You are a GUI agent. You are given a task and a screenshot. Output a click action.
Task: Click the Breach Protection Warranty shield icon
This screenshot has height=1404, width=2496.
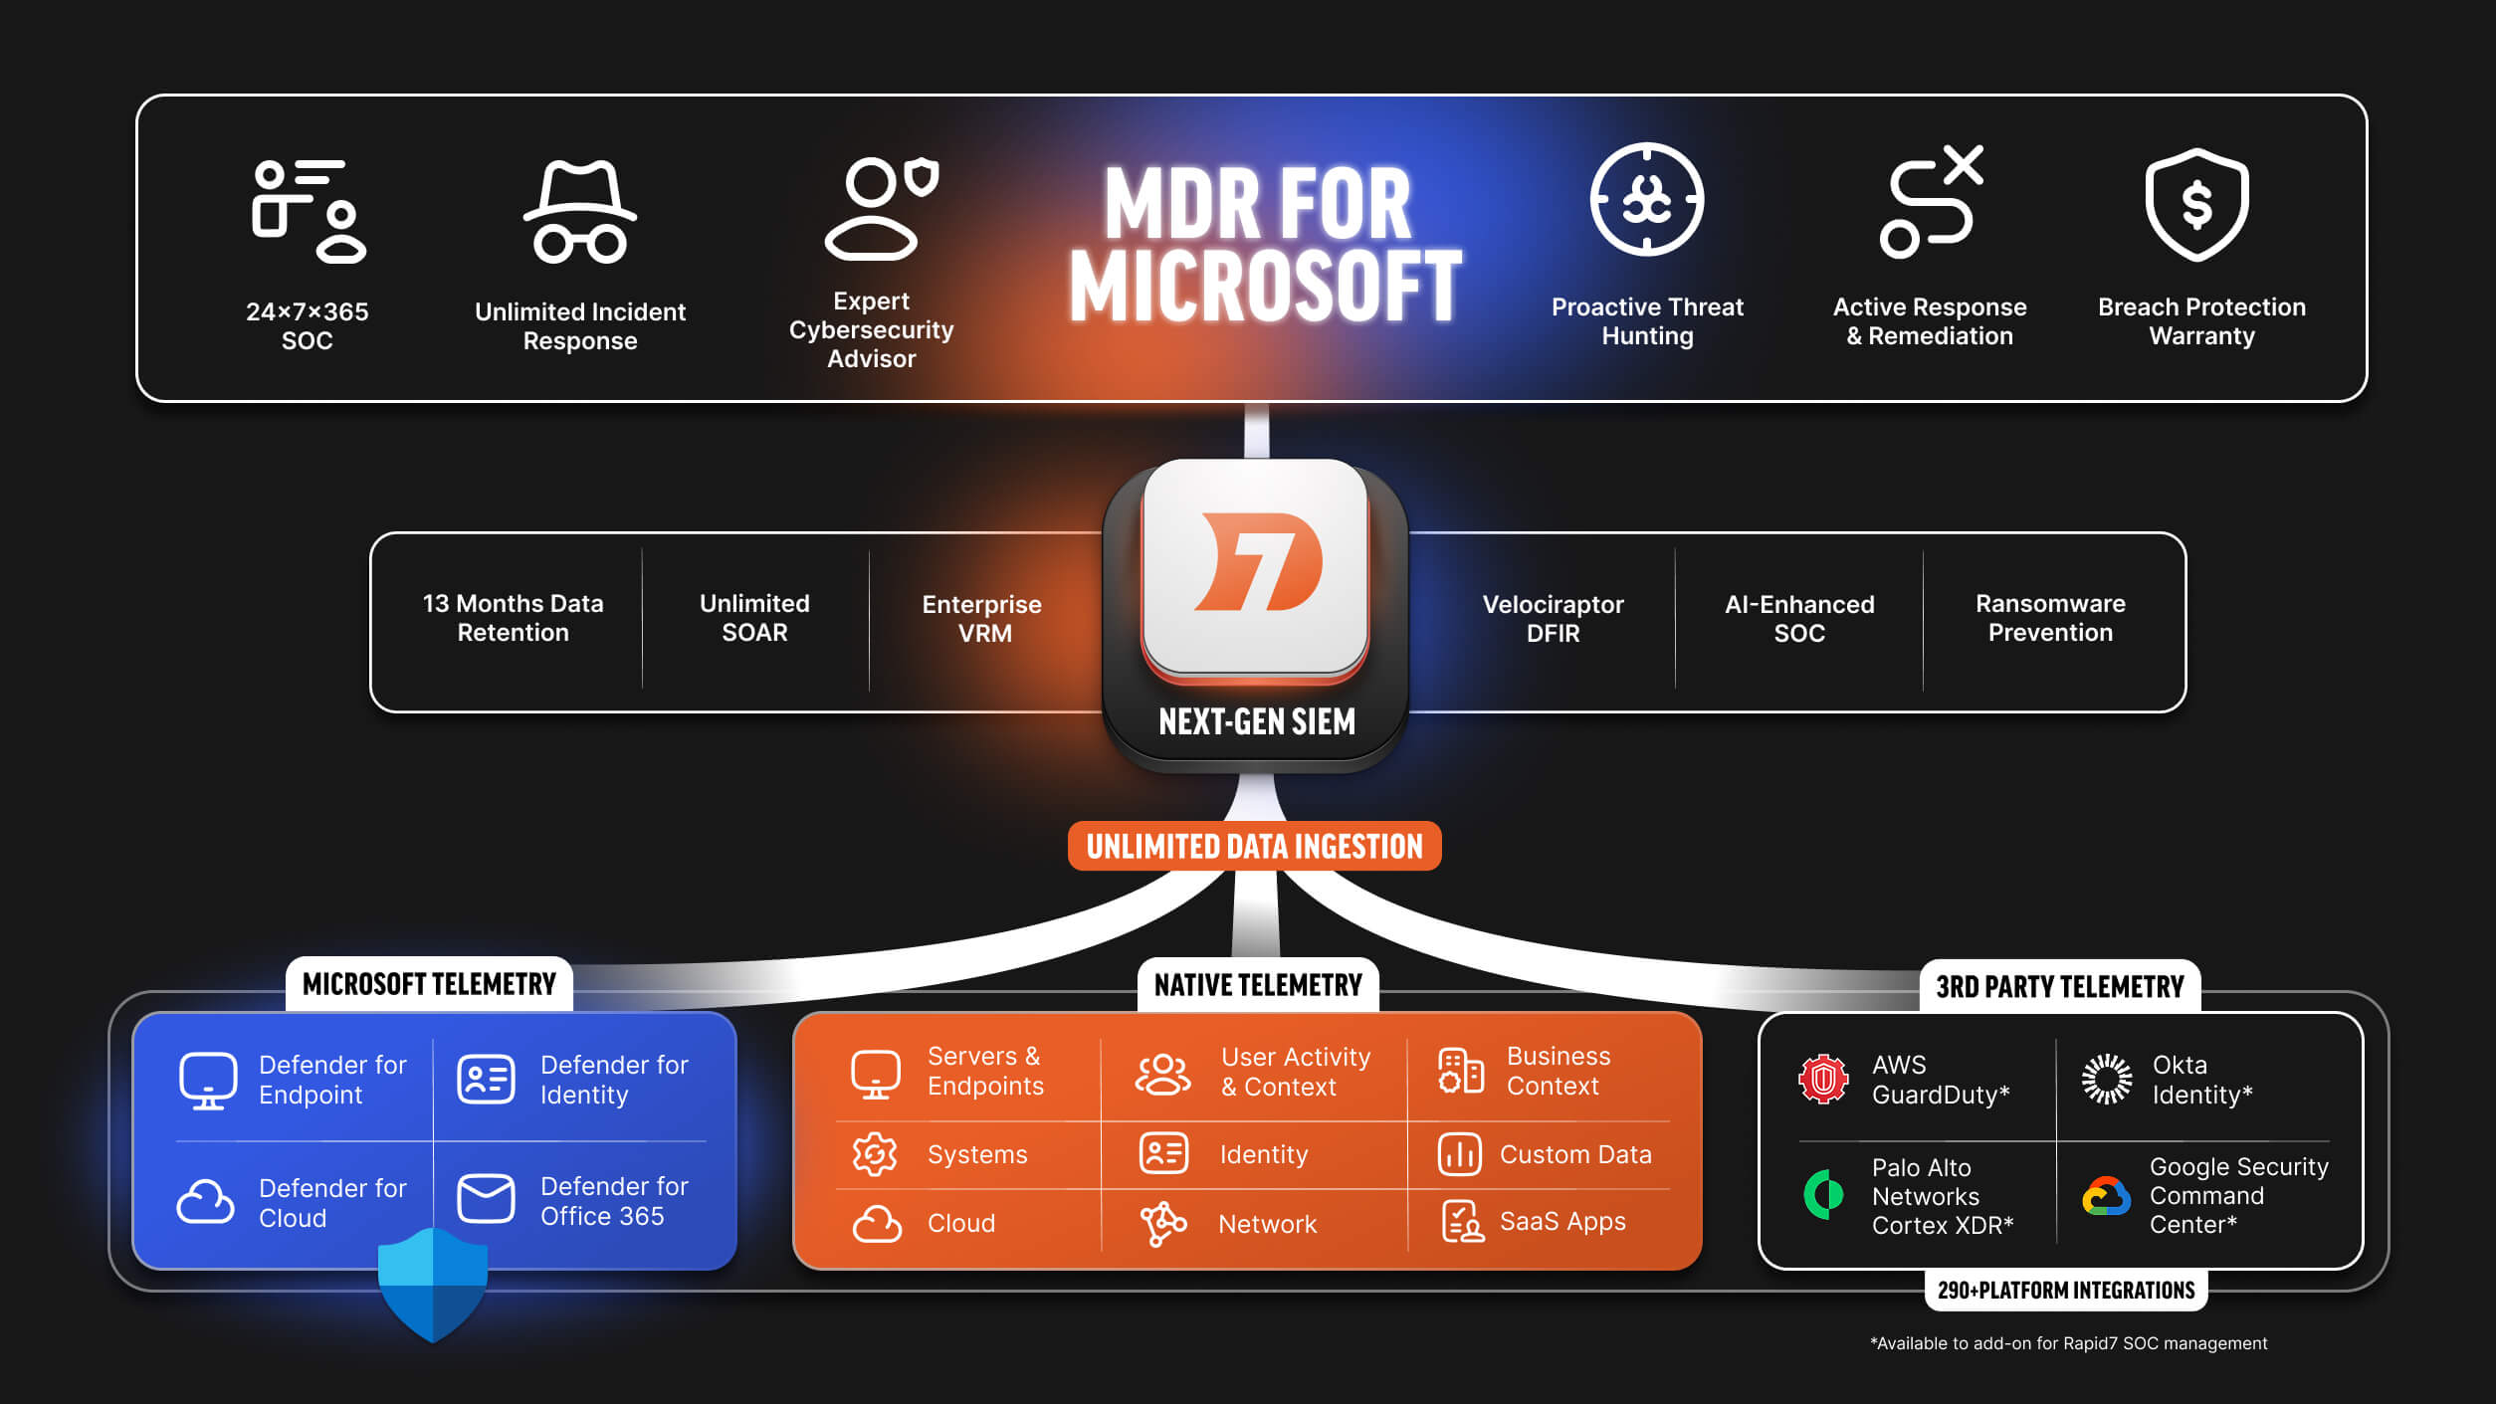[2196, 204]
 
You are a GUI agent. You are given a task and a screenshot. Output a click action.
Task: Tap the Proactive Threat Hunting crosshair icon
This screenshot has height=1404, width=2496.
[1646, 200]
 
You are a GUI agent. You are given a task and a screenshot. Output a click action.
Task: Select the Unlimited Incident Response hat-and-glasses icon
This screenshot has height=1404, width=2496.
[580, 212]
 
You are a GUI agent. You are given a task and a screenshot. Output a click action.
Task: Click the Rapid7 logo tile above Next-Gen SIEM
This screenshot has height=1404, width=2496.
[1255, 567]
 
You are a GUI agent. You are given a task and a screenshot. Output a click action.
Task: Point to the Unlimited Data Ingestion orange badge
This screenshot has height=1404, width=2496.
[1254, 847]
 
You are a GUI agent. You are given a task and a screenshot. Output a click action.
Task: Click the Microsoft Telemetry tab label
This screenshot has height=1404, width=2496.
[429, 984]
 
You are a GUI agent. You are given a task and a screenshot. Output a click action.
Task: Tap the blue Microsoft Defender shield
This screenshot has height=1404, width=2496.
[433, 1284]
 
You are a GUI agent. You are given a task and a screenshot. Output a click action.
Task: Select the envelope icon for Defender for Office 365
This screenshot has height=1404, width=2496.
[486, 1199]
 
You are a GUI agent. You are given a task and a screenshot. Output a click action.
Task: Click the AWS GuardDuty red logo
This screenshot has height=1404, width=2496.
[1823, 1079]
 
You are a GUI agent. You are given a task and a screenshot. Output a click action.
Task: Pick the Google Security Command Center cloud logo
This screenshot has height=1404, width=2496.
[2106, 1195]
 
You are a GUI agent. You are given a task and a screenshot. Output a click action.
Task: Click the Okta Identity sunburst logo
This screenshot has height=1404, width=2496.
[2106, 1079]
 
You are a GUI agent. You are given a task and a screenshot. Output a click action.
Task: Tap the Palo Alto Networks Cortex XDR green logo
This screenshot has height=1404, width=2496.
[1823, 1194]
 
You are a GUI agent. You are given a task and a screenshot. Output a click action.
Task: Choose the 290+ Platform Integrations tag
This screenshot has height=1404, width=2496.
[2066, 1291]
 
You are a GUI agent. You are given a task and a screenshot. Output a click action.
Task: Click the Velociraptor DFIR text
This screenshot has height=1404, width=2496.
[1553, 618]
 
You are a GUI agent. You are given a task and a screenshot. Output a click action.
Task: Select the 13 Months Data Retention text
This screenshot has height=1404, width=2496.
[513, 618]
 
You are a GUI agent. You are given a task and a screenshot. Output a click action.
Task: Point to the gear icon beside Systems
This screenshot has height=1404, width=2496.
[875, 1154]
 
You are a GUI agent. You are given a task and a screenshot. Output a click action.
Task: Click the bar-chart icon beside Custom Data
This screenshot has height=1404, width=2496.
[1460, 1154]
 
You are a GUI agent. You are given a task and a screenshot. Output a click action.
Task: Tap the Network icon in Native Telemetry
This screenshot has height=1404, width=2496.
[1162, 1223]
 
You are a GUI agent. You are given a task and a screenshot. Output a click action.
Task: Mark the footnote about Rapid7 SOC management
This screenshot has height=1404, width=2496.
[2068, 1343]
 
